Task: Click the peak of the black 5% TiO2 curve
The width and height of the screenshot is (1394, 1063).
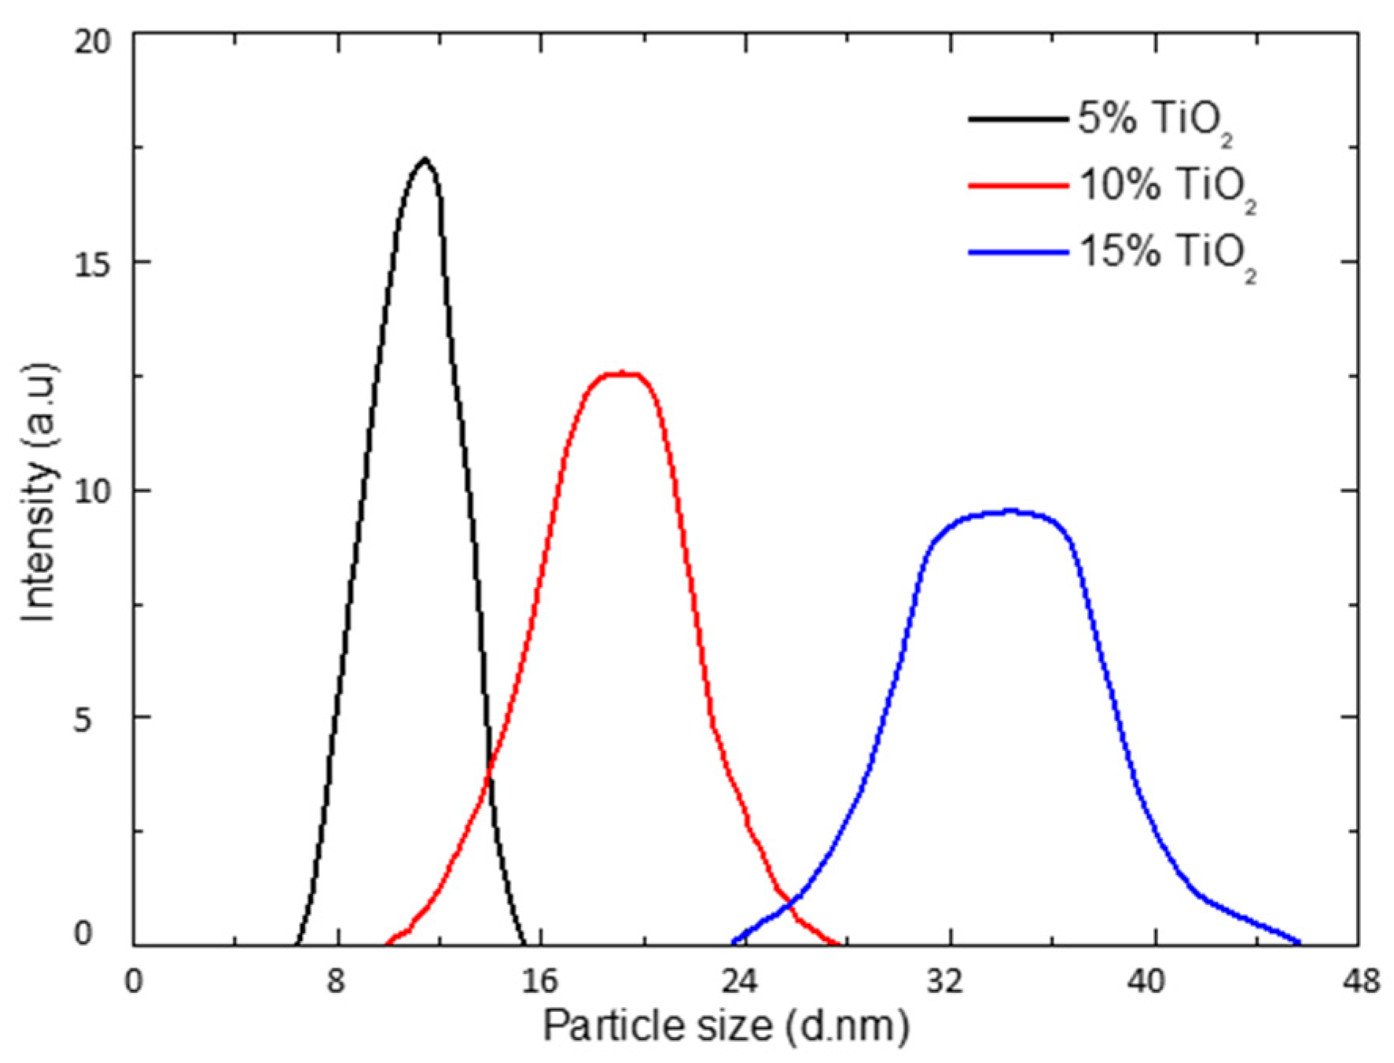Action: coord(425,160)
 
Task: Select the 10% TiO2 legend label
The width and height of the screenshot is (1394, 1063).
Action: coord(1167,188)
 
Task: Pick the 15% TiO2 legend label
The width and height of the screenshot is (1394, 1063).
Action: coord(1167,255)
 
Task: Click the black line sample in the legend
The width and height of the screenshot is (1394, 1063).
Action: coord(1017,120)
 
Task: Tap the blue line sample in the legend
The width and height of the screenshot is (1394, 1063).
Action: coord(1017,252)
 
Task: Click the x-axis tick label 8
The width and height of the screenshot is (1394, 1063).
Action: coord(337,981)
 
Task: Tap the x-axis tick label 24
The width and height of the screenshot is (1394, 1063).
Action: coord(744,981)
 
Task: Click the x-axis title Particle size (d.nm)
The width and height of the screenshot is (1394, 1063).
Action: coord(725,1026)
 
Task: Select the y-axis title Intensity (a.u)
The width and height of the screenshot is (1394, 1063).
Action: coord(39,491)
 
